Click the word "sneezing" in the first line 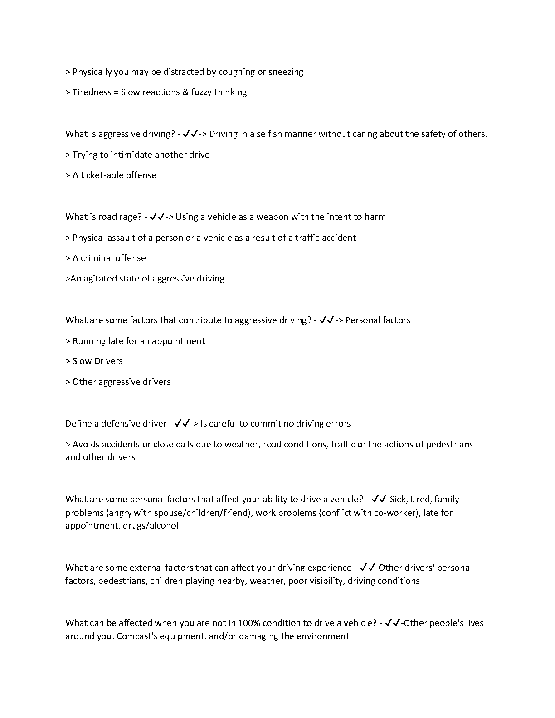[x=286, y=72]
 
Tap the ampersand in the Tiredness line [x=185, y=92]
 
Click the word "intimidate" [x=131, y=155]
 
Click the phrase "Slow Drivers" [x=97, y=361]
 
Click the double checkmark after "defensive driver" [x=182, y=424]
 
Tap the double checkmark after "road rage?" [x=157, y=217]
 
